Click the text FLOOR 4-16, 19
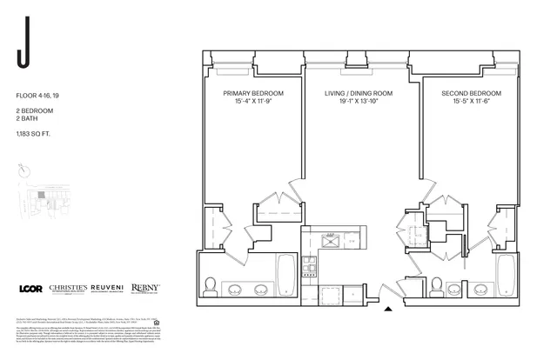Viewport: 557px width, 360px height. (37, 94)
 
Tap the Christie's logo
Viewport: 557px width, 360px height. (73, 289)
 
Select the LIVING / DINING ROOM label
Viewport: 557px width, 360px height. (359, 93)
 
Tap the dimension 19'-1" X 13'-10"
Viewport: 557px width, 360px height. (359, 103)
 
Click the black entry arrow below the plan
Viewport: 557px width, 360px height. (388, 306)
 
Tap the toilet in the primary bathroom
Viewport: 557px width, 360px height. (210, 284)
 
